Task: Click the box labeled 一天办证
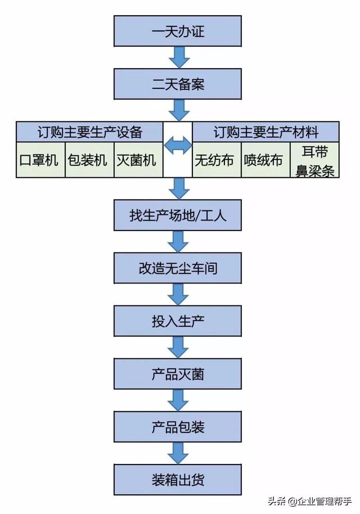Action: pyautogui.click(x=178, y=31)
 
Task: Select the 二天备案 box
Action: pyautogui.click(x=178, y=84)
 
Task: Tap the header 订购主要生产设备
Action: pyautogui.click(x=90, y=132)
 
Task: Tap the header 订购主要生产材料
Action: pyautogui.click(x=265, y=132)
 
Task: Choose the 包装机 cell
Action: pyautogui.click(x=89, y=160)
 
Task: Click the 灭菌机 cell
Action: pyautogui.click(x=138, y=160)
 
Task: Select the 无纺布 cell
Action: pyautogui.click(x=217, y=160)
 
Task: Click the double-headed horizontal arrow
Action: pyautogui.click(x=178, y=146)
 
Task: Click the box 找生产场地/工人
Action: pyautogui.click(x=178, y=214)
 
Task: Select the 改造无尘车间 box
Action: pyautogui.click(x=178, y=268)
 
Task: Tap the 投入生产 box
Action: pyautogui.click(x=178, y=321)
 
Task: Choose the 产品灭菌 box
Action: pyautogui.click(x=178, y=374)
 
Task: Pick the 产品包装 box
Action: pyautogui.click(x=178, y=427)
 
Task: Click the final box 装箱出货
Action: pyautogui.click(x=178, y=480)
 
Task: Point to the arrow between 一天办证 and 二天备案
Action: pyautogui.click(x=178, y=57)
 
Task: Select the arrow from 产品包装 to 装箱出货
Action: pyautogui.click(x=178, y=453)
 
